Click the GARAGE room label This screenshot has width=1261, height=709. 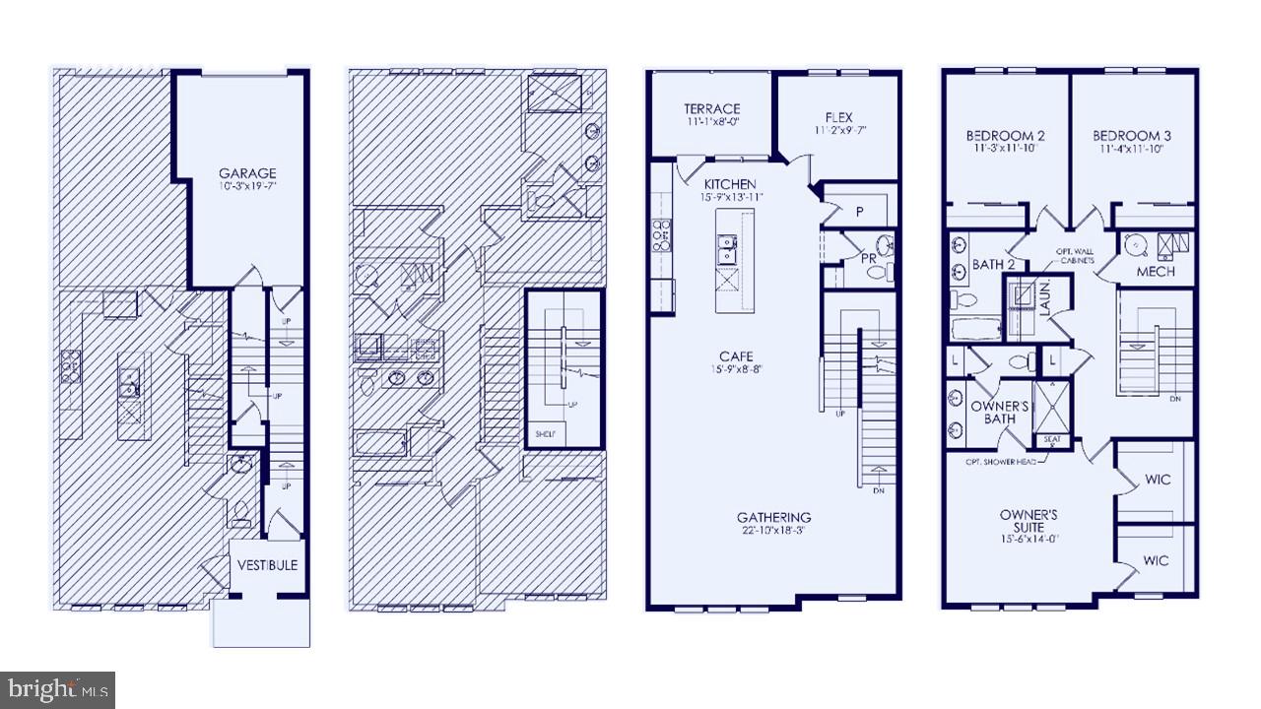pyautogui.click(x=247, y=174)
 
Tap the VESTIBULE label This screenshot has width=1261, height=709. pyautogui.click(x=267, y=565)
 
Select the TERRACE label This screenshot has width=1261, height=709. pyautogui.click(x=712, y=109)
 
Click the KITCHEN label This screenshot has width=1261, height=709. pyautogui.click(x=730, y=184)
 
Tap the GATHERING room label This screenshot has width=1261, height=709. pyautogui.click(x=773, y=517)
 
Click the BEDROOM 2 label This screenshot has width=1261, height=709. pyautogui.click(x=1006, y=136)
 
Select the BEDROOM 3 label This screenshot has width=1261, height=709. pyautogui.click(x=1129, y=136)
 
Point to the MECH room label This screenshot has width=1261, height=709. pyautogui.click(x=1155, y=271)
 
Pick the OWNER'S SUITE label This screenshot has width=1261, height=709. pyautogui.click(x=1029, y=520)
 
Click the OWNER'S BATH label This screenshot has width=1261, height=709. pyautogui.click(x=1000, y=413)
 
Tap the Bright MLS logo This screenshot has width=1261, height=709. pyautogui.click(x=57, y=689)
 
